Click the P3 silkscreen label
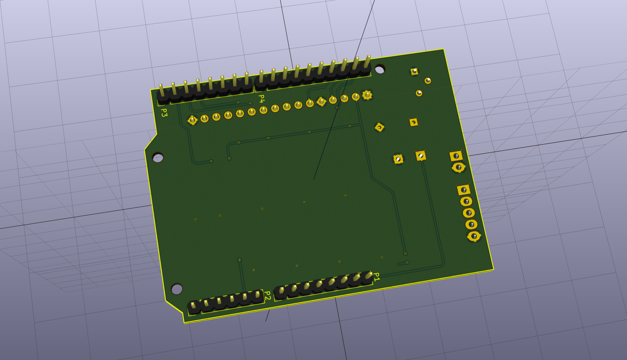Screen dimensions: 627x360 pos(164,112)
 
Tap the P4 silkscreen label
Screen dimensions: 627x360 pos(261,99)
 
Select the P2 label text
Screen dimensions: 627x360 pos(268,296)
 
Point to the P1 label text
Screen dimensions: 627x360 pos(377,277)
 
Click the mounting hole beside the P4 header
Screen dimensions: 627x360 pos(380,69)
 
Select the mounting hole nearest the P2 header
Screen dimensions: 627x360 pos(177,289)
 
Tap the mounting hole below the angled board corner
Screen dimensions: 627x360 pos(158,158)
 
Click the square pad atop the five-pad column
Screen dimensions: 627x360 pos(464,190)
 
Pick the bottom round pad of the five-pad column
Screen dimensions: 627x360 pos(474,236)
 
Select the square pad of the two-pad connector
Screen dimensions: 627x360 pos(456,156)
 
